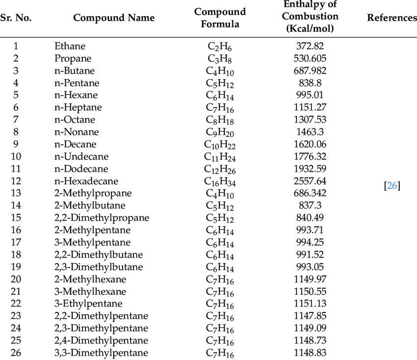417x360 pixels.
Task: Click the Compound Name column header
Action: (x=114, y=18)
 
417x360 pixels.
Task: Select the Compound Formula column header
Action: (x=220, y=18)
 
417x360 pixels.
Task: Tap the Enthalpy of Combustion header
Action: (x=310, y=17)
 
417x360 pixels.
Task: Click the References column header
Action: (x=391, y=18)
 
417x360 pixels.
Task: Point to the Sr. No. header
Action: (x=16, y=18)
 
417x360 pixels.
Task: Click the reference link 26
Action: (x=392, y=186)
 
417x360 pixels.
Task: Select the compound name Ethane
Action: (x=70, y=46)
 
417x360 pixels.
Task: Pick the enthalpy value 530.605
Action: (x=310, y=58)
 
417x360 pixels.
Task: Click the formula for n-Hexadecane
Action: (x=219, y=181)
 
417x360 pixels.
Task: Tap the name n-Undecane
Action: (x=81, y=156)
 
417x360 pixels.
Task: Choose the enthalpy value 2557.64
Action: (x=310, y=181)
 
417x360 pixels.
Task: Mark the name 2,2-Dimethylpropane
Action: (x=102, y=218)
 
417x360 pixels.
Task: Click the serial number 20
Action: (x=16, y=279)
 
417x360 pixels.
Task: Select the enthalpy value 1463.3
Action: (x=310, y=132)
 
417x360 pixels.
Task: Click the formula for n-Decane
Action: (x=219, y=145)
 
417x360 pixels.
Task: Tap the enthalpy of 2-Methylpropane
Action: (x=310, y=193)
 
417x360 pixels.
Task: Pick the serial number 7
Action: (x=16, y=120)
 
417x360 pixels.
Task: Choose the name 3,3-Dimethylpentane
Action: (x=101, y=353)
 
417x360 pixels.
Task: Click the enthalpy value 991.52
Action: (x=310, y=255)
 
